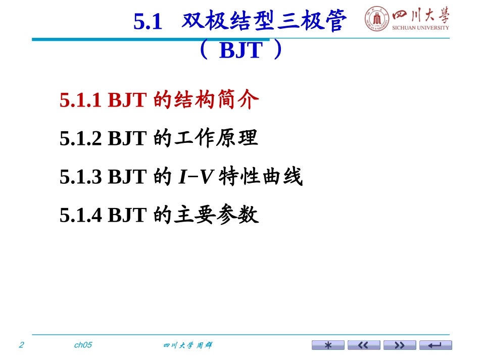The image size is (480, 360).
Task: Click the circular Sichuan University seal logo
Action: tap(377, 19)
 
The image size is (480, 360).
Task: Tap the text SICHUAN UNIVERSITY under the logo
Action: tap(420, 28)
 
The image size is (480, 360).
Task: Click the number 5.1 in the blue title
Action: tap(148, 21)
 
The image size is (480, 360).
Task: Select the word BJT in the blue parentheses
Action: tap(241, 50)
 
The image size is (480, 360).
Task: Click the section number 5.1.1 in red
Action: tap(80, 99)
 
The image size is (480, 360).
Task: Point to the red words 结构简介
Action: tap(217, 99)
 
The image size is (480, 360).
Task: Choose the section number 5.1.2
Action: tap(80, 138)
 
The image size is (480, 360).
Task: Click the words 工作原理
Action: tap(216, 138)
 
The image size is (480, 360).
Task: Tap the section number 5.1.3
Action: tap(80, 177)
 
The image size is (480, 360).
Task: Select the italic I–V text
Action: tap(196, 177)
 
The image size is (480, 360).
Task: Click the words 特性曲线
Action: tap(261, 177)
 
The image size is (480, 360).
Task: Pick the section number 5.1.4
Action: tap(80, 215)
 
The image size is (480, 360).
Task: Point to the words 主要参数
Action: tap(217, 215)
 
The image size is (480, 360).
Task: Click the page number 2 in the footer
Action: tap(21, 345)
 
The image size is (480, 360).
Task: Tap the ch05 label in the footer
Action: tap(83, 345)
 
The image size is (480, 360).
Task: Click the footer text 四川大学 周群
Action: tap(187, 345)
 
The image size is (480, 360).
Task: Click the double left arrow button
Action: tap(364, 345)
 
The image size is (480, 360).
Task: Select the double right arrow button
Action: tap(400, 345)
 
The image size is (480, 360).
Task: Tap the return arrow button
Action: tap(436, 345)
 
